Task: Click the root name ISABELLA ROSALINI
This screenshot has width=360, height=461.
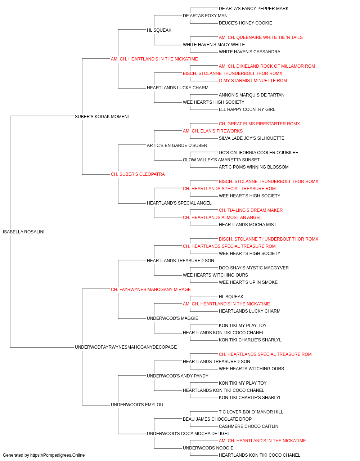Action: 23,232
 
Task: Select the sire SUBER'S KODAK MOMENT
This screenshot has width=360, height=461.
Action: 102,116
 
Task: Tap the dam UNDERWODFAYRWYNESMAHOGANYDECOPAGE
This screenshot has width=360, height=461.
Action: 126,347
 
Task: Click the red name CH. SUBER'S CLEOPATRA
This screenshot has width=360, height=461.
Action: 138,174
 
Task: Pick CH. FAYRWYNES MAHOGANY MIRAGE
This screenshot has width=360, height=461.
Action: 151,289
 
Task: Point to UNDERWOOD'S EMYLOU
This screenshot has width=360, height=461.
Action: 137,404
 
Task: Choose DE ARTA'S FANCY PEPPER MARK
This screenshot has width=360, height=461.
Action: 253,9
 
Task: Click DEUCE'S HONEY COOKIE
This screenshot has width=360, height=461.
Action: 245,23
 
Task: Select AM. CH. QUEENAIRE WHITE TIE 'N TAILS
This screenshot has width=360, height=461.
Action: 261,37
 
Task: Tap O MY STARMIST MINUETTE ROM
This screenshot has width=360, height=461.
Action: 253,81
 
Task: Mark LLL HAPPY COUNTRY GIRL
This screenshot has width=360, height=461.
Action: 247,109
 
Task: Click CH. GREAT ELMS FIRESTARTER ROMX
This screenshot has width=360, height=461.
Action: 259,124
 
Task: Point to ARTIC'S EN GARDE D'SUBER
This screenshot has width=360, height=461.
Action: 177,145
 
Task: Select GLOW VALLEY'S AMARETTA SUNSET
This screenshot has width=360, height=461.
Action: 221,160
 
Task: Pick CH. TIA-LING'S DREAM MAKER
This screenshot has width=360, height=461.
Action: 251,210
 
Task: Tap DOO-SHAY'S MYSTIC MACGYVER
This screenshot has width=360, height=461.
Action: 254,268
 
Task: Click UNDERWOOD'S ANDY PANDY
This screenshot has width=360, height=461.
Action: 178,376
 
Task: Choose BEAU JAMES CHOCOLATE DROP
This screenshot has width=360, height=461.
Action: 217,419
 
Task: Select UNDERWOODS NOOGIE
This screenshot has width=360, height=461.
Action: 208,448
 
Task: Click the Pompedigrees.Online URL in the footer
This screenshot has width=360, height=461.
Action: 57,455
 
